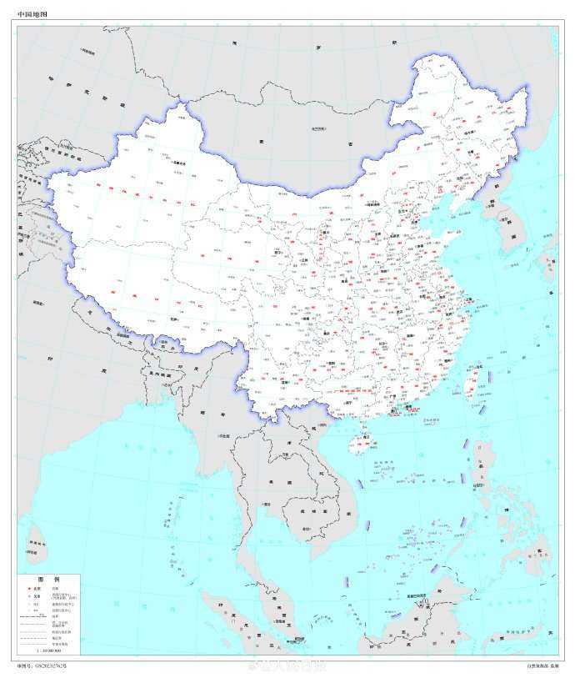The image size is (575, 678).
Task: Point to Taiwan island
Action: coord(471,379)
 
